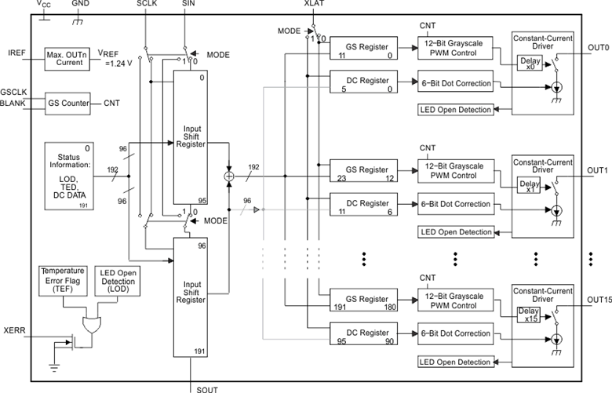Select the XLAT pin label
point(315,5)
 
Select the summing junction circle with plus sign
point(229,176)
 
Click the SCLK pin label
point(147,5)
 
